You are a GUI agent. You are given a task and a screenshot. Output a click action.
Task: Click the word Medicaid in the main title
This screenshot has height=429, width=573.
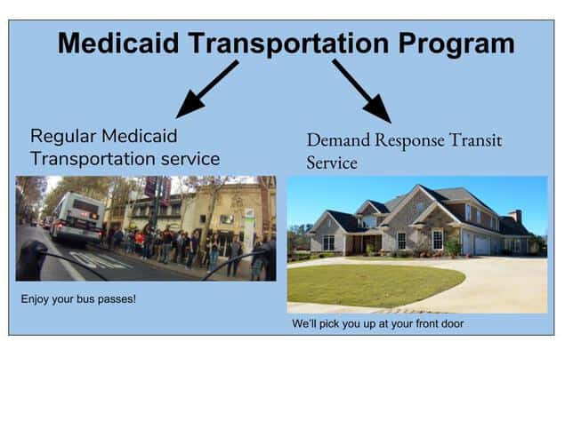point(118,43)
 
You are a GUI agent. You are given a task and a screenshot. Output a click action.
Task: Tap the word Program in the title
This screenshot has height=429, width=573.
point(456,44)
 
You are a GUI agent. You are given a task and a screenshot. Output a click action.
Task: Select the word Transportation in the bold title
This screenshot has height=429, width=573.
point(288,44)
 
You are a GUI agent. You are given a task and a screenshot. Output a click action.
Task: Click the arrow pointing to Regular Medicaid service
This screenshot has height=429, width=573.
point(207,89)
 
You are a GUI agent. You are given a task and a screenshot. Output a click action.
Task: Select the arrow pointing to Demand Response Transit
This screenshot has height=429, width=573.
point(362,91)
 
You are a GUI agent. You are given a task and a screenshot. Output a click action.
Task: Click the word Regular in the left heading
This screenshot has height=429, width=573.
point(63,137)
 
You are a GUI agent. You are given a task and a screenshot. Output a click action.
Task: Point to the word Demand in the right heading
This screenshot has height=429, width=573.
point(338,140)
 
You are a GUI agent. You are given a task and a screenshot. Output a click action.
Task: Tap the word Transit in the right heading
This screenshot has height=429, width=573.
point(475,140)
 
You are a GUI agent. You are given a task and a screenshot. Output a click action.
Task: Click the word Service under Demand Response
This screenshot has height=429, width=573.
point(332,163)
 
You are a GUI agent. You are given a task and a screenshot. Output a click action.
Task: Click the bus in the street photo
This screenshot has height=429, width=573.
point(77,218)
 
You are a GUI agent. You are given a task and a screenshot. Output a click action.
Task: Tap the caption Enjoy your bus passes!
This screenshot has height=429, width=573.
point(78,299)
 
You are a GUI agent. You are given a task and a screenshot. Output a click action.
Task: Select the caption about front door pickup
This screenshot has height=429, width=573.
point(378,323)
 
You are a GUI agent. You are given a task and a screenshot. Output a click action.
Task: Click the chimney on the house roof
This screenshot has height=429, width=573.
point(518,216)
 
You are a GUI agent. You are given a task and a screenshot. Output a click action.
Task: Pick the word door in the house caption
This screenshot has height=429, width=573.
point(454,323)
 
